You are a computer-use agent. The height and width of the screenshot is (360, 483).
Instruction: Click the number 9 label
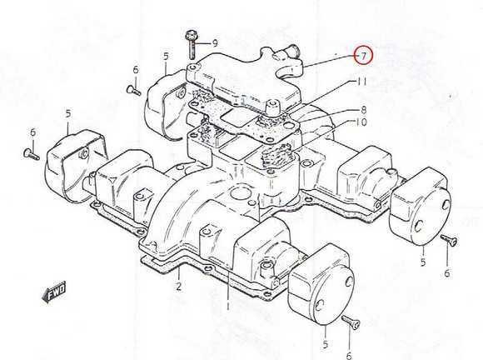pyautogui.click(x=215, y=42)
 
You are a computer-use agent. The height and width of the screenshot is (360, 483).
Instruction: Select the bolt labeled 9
pyautogui.click(x=191, y=44)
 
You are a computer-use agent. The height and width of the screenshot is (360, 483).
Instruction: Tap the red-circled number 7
pyautogui.click(x=363, y=56)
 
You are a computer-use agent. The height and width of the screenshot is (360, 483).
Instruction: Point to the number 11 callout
pyautogui.click(x=362, y=82)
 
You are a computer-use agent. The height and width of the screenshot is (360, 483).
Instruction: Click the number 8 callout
pyautogui.click(x=363, y=110)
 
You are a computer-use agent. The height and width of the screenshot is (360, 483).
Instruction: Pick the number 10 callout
pyautogui.click(x=361, y=122)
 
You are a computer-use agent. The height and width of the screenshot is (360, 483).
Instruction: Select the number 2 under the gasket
pyautogui.click(x=179, y=287)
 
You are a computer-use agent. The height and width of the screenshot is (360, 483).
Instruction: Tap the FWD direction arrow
pyautogui.click(x=53, y=292)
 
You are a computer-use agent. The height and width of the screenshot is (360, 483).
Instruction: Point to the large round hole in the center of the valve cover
pyautogui.click(x=238, y=194)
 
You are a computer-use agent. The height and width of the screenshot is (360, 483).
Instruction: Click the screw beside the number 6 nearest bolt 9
pyautogui.click(x=134, y=90)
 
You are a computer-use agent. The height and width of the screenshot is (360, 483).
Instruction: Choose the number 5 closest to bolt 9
pyautogui.click(x=166, y=57)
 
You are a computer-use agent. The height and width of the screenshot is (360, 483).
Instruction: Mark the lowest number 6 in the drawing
pyautogui.click(x=349, y=356)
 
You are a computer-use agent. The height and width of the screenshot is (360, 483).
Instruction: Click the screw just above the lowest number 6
pyautogui.click(x=351, y=322)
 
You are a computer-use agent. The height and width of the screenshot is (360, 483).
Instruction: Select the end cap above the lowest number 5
pyautogui.click(x=321, y=284)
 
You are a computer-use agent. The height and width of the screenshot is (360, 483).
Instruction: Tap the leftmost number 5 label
pyautogui.click(x=68, y=113)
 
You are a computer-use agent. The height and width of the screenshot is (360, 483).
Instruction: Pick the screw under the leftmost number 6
pyautogui.click(x=32, y=154)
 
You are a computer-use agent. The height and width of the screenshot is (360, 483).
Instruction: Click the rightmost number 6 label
pyautogui.click(x=446, y=273)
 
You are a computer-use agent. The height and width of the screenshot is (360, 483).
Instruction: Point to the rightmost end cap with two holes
pyautogui.click(x=421, y=207)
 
